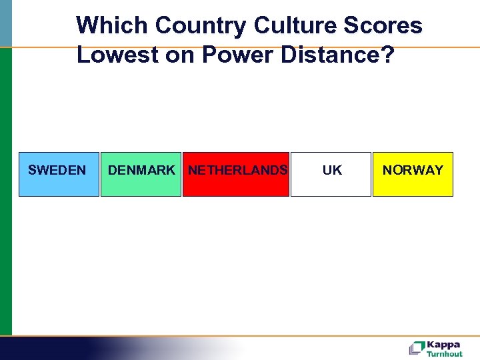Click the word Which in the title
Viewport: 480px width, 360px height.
pyautogui.click(x=112, y=25)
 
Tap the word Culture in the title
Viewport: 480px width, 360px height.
pyautogui.click(x=295, y=25)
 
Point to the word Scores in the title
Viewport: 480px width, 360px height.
pyautogui.click(x=385, y=25)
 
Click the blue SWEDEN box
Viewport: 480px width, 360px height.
pyautogui.click(x=58, y=174)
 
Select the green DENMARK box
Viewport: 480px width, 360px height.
pyautogui.click(x=141, y=174)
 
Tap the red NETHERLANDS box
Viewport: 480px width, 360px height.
pyautogui.click(x=236, y=174)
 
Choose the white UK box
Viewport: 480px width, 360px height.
pyautogui.click(x=331, y=174)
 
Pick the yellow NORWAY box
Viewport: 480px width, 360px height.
pyautogui.click(x=413, y=174)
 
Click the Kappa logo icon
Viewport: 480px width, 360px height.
pyautogui.click(x=417, y=348)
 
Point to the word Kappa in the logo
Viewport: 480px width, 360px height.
pyautogui.click(x=443, y=345)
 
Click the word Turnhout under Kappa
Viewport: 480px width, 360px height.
pyautogui.click(x=445, y=354)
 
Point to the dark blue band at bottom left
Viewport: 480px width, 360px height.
pyautogui.click(x=47, y=348)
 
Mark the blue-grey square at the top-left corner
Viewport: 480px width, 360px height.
pyautogui.click(x=5, y=23)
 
